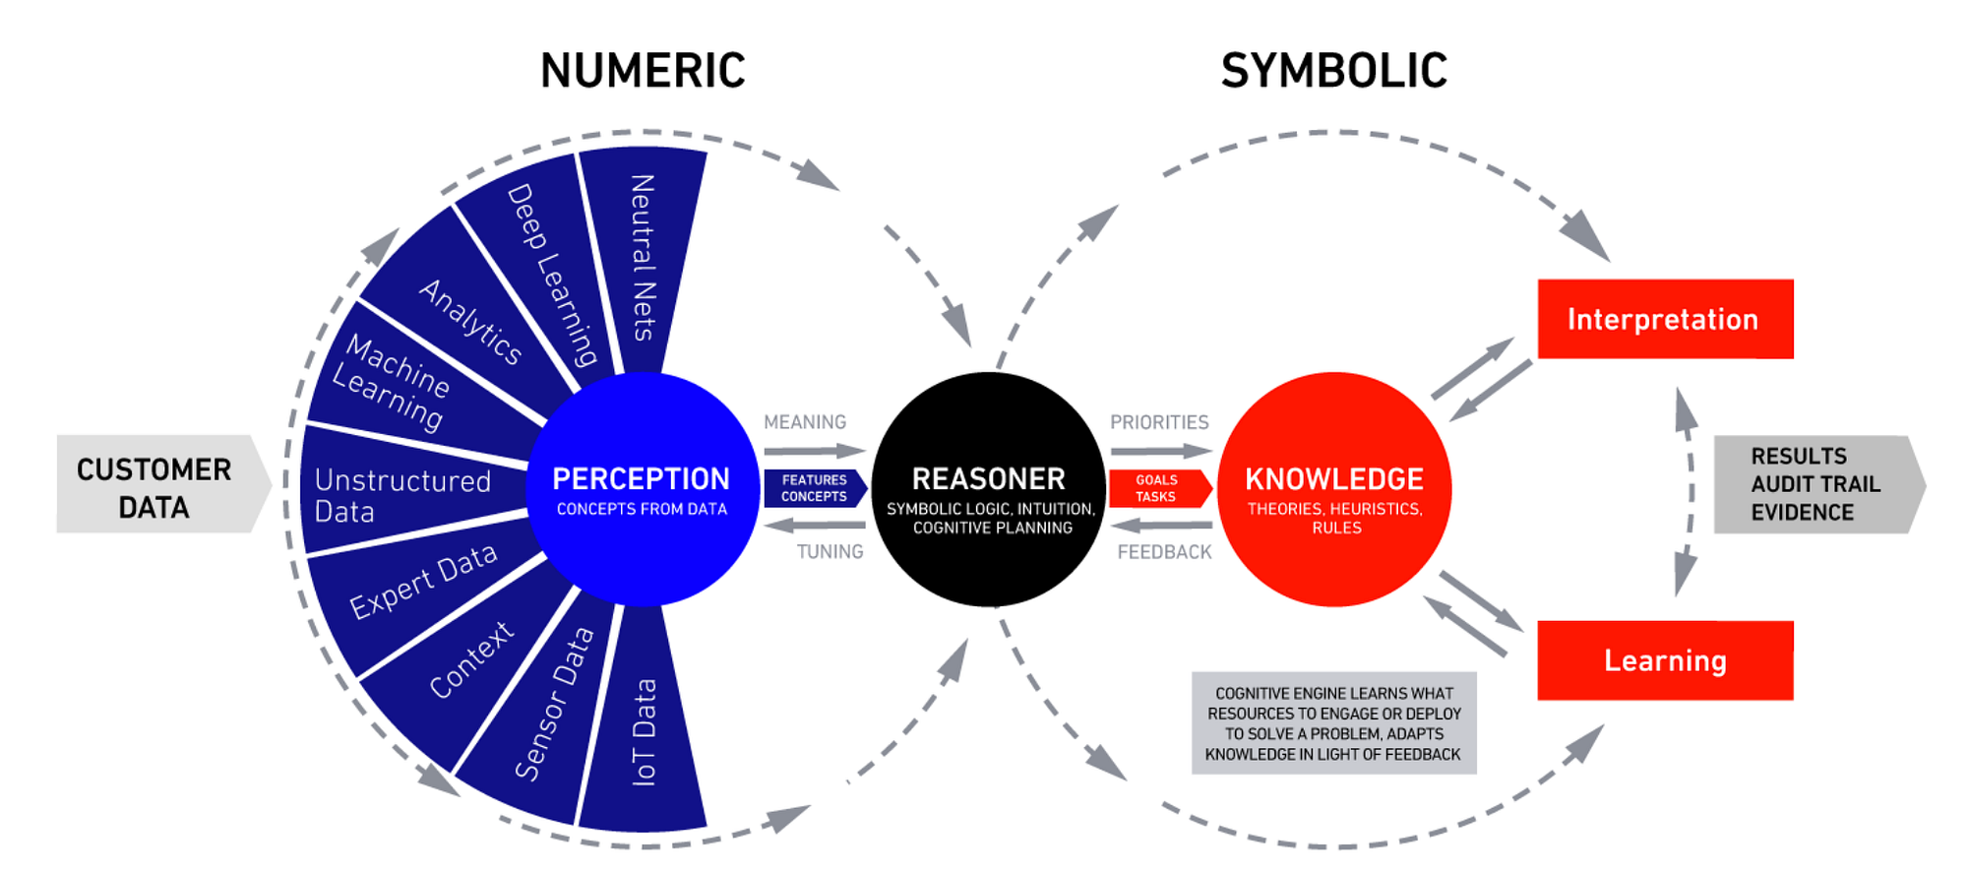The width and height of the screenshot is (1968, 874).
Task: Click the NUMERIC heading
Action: tap(643, 71)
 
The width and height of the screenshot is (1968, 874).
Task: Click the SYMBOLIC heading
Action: tap(1333, 71)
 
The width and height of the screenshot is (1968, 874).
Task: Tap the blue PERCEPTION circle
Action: tap(642, 489)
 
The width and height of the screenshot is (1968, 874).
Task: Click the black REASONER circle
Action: tap(989, 489)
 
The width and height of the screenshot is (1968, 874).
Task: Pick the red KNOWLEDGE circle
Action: tap(1334, 489)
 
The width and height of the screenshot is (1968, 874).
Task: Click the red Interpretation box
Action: tap(1665, 319)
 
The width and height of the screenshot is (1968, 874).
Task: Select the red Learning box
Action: tap(1665, 660)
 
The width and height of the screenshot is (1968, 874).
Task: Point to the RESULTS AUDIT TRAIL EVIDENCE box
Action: tap(1815, 484)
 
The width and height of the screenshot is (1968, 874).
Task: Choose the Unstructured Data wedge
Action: tap(403, 494)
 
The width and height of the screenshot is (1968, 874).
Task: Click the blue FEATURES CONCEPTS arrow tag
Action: tap(814, 488)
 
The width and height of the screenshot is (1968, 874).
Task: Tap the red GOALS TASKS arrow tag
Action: tap(1157, 488)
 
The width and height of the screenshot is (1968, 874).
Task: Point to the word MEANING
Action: tap(805, 422)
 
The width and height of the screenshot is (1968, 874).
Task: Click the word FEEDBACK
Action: tap(1164, 552)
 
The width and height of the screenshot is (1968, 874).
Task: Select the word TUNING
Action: tap(830, 552)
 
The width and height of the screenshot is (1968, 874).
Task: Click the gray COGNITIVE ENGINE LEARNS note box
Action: tap(1333, 723)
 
